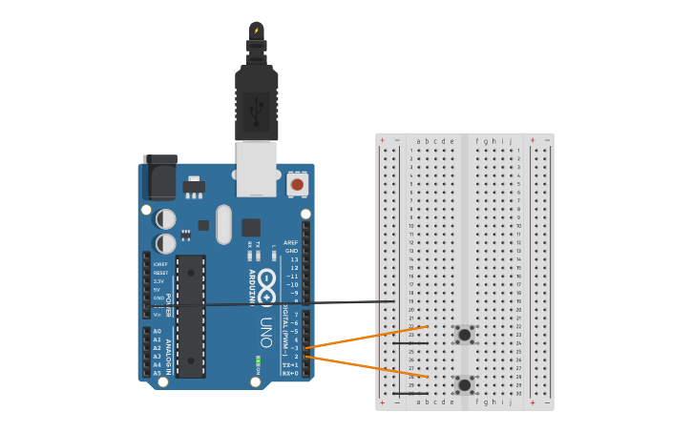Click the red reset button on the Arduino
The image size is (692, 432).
pyautogui.click(x=297, y=184)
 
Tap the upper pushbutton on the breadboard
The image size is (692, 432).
pyautogui.click(x=465, y=334)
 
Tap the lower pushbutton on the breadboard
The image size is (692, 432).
pyautogui.click(x=465, y=384)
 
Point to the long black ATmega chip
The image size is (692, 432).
pyautogui.click(x=191, y=316)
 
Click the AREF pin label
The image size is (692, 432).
pyautogui.click(x=291, y=243)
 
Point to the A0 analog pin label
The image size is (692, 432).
pyautogui.click(x=157, y=331)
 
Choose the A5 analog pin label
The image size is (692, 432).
pyautogui.click(x=157, y=373)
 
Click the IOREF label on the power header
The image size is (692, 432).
pyautogui.click(x=160, y=264)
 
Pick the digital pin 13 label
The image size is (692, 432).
pyautogui.click(x=294, y=259)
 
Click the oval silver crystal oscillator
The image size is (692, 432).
pyautogui.click(x=223, y=225)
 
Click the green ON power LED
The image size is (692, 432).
pyautogui.click(x=258, y=362)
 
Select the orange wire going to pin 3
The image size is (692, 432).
pyautogui.click(x=363, y=338)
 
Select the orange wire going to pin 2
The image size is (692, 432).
pyautogui.click(x=363, y=366)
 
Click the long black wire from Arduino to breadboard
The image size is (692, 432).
pyautogui.click(x=286, y=304)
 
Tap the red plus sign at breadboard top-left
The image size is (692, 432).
pyautogui.click(x=383, y=140)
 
